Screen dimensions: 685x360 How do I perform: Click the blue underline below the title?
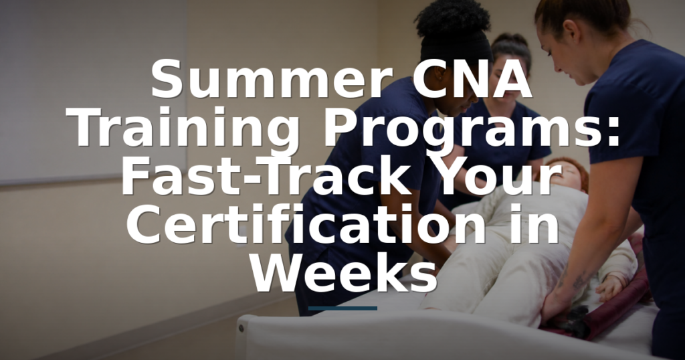[342, 308]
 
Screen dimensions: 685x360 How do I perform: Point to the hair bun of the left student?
[452, 18]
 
